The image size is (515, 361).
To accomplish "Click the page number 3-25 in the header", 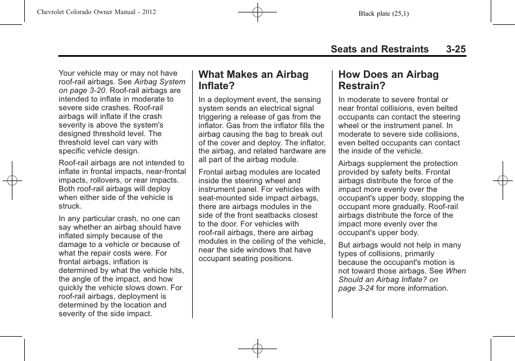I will (456, 49).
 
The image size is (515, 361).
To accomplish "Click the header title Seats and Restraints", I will (380, 49).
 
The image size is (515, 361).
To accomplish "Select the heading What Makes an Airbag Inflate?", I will (253, 80).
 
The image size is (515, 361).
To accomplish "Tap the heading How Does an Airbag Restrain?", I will (388, 80).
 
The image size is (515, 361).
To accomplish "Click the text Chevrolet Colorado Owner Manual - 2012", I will (97, 12).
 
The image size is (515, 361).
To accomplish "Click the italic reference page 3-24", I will (356, 288).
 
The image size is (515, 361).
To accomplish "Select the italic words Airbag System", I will (159, 82).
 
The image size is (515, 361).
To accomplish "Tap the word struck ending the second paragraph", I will (70, 206).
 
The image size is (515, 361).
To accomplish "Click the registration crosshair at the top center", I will (257, 11).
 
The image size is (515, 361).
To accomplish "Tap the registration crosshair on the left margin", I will (11, 180).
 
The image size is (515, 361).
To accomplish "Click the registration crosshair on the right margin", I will (502, 180).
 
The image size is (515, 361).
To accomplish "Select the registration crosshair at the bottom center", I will (257, 349).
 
